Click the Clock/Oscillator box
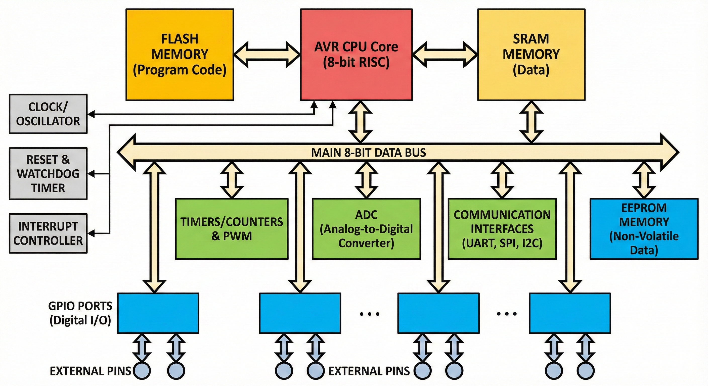pyautogui.click(x=48, y=114)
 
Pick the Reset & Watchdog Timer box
pyautogui.click(x=48, y=174)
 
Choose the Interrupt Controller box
pyautogui.click(x=48, y=233)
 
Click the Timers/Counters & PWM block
pyautogui.click(x=232, y=229)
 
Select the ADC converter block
pyautogui.click(x=366, y=229)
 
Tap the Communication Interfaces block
pyautogui.click(x=502, y=229)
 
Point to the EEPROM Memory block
pyautogui.click(x=644, y=229)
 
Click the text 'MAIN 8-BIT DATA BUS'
pyautogui.click(x=368, y=153)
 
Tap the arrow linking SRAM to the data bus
pyautogui.click(x=531, y=122)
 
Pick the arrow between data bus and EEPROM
pyautogui.click(x=644, y=180)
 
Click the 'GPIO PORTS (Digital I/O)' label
pyautogui.click(x=80, y=313)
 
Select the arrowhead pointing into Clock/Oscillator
pyautogui.click(x=91, y=114)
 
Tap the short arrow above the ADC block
pyautogui.click(x=366, y=180)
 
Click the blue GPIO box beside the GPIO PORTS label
pyautogui.click(x=158, y=313)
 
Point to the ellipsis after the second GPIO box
pyautogui.click(x=369, y=314)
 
